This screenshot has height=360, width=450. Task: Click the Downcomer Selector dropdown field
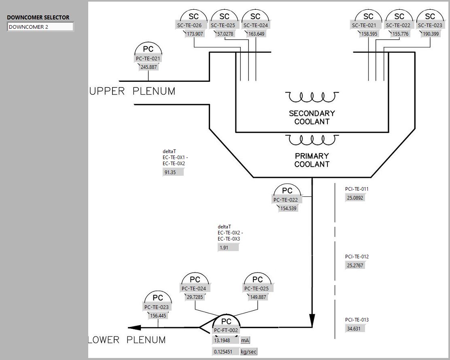[x=40, y=27]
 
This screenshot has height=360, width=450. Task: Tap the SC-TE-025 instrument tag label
[x=225, y=25]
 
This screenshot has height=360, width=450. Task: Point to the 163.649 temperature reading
[x=256, y=34]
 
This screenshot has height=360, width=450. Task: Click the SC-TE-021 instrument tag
[x=368, y=25]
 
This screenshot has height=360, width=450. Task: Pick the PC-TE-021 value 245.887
[x=149, y=67]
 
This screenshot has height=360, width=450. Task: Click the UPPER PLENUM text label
[x=132, y=92]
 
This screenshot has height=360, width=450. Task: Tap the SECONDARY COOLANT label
[x=312, y=117]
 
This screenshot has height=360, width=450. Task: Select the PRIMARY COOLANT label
[x=312, y=160]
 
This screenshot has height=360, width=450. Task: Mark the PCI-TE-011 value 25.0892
[x=355, y=198]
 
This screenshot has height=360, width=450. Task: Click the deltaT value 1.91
[x=228, y=247]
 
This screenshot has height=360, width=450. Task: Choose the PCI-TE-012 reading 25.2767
[x=355, y=266]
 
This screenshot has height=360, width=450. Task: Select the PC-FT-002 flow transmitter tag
[x=226, y=330]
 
